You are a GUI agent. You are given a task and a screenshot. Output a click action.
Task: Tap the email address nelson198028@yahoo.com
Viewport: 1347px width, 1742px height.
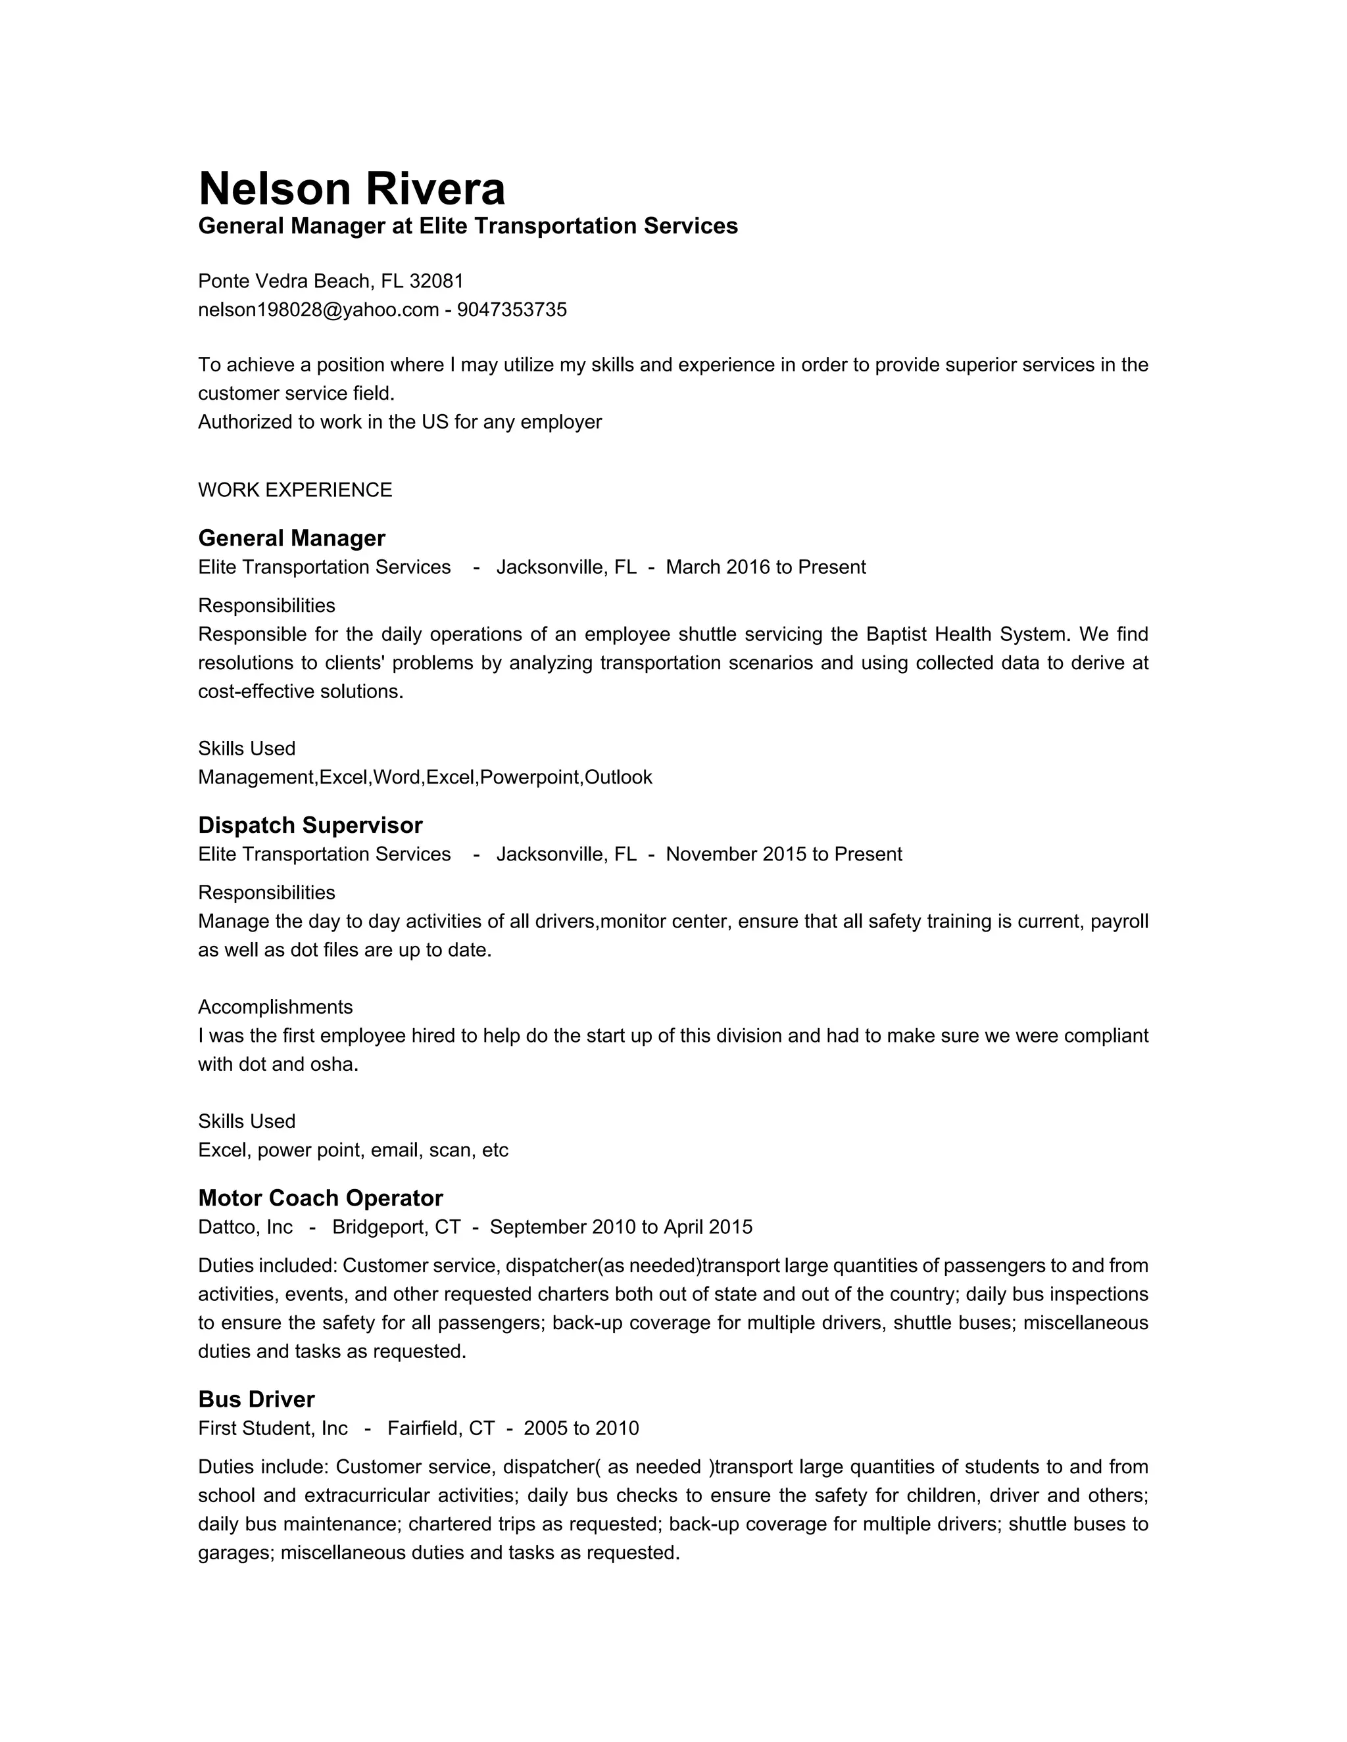point(318,310)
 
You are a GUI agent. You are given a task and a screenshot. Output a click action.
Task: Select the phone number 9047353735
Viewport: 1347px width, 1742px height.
point(512,310)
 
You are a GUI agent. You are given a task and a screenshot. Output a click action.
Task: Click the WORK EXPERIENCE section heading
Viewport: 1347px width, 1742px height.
point(295,490)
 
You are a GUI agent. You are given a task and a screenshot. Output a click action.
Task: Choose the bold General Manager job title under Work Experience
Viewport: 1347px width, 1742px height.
point(291,538)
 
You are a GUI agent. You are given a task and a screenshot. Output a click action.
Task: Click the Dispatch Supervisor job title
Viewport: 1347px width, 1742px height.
point(310,825)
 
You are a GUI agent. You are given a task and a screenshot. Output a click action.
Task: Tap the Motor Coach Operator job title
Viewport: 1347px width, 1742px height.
point(320,1198)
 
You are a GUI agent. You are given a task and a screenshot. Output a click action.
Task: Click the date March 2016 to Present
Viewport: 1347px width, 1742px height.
point(766,567)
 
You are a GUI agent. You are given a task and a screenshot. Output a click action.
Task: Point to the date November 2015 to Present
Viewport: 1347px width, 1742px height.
point(783,855)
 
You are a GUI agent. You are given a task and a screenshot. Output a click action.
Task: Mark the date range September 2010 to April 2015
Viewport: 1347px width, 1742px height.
point(621,1227)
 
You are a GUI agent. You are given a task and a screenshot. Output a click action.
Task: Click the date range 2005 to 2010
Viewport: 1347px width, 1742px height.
point(581,1428)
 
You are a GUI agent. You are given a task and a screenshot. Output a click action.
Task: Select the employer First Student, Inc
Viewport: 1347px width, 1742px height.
point(273,1428)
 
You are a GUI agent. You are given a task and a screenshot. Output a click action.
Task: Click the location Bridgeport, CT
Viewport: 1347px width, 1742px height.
point(396,1227)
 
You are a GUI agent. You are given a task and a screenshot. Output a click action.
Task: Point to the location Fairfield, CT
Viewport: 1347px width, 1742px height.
point(441,1428)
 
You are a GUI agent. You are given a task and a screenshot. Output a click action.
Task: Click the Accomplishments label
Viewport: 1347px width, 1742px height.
point(276,1006)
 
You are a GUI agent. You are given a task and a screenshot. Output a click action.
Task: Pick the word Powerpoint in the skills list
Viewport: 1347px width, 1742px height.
point(530,777)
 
